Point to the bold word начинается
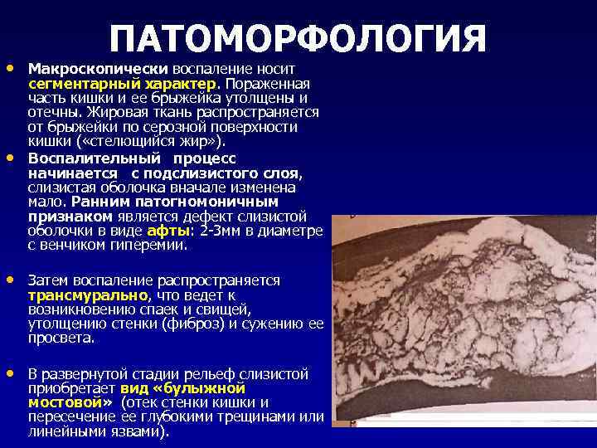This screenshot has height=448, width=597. coord(73,173)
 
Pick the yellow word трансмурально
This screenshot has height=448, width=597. coord(88,295)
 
